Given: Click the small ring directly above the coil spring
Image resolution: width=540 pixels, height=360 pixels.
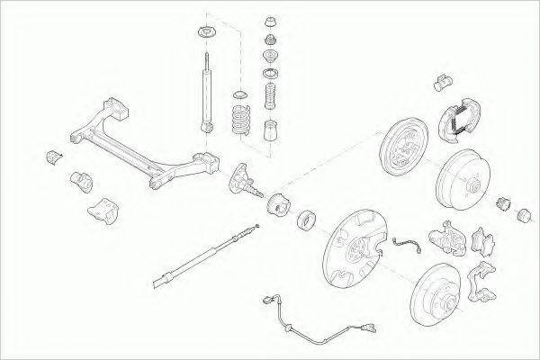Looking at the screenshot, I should pos(239,95).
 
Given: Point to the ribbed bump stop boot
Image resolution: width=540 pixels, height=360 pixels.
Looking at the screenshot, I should pos(269,96).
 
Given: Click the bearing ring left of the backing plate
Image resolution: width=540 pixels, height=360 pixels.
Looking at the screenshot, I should pos(305,219).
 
